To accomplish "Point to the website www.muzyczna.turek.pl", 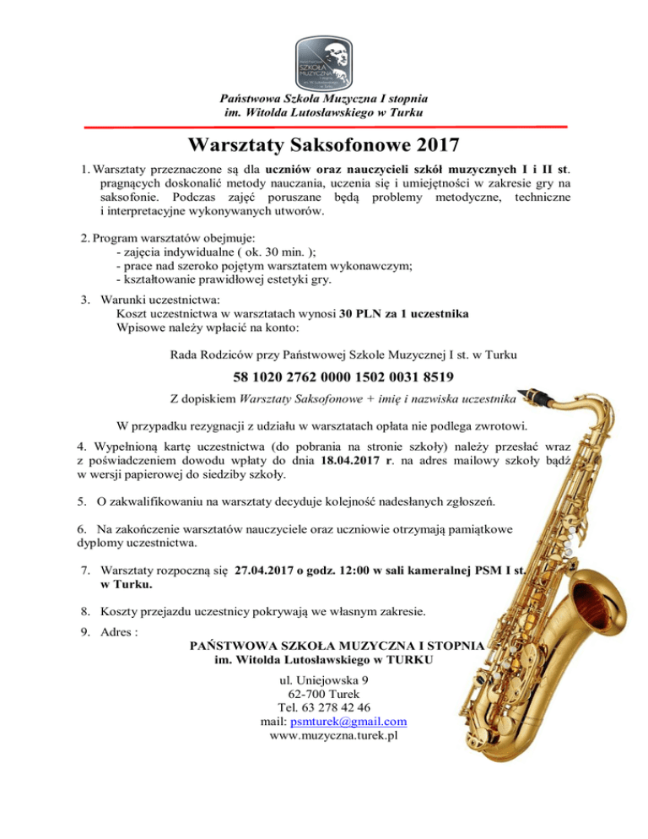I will (x=334, y=736).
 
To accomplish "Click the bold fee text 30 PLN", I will (x=362, y=311).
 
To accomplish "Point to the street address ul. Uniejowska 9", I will (x=323, y=679).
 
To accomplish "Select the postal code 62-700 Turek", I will (x=323, y=693).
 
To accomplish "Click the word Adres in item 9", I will (x=116, y=631).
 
